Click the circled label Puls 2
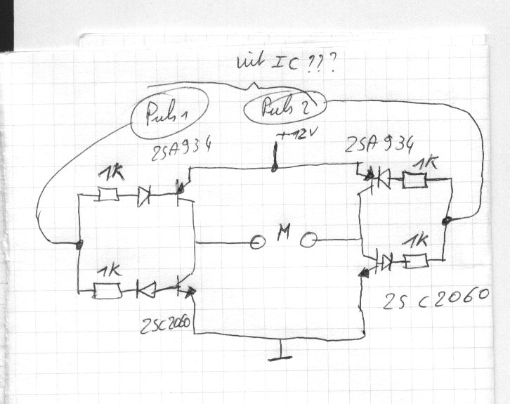click(284, 109)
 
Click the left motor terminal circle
click(257, 242)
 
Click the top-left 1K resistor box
click(107, 194)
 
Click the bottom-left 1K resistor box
click(108, 289)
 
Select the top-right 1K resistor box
click(414, 181)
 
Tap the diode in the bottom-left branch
click(146, 289)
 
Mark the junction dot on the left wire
click(79, 245)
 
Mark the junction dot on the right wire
click(445, 222)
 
